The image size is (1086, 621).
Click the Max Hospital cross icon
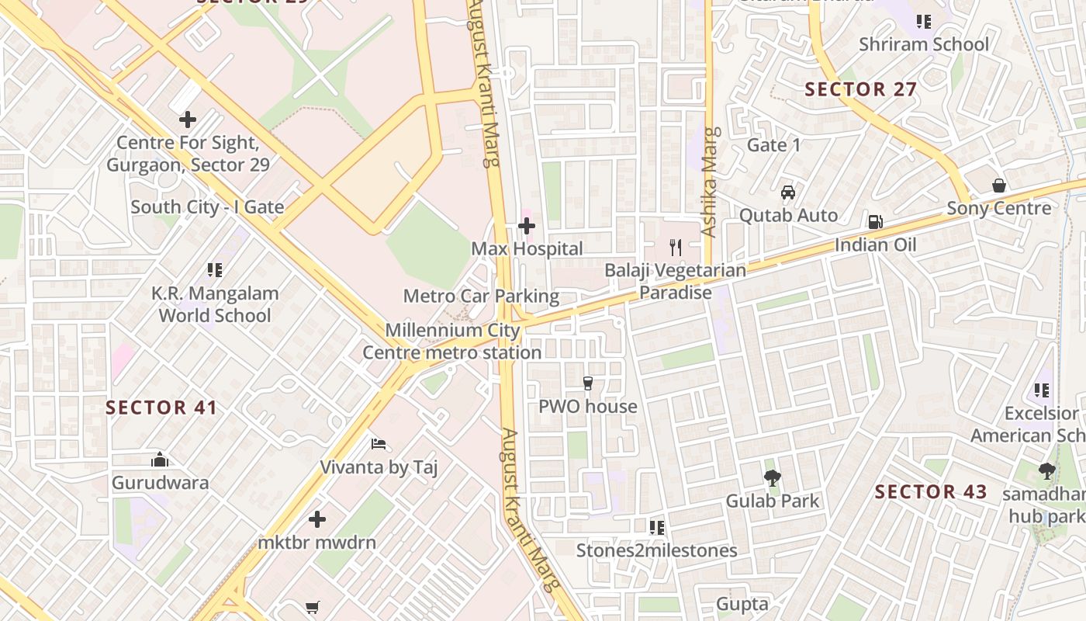tap(527, 226)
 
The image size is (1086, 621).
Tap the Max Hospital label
tap(527, 249)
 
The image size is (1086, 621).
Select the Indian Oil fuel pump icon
tap(875, 222)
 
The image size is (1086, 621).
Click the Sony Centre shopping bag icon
tap(999, 186)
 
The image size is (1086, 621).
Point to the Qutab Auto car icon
tap(788, 192)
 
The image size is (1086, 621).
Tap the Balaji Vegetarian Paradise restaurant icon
tap(676, 248)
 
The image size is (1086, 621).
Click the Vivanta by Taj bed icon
tap(379, 444)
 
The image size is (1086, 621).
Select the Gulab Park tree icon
tap(772, 477)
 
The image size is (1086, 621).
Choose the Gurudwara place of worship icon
tap(160, 460)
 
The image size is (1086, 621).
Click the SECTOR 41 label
tap(161, 408)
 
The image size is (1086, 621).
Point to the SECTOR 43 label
tap(931, 491)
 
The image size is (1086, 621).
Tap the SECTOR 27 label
tap(861, 89)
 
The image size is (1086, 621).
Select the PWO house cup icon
tap(588, 383)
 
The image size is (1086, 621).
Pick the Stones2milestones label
tap(656, 550)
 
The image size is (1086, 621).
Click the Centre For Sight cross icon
tap(187, 120)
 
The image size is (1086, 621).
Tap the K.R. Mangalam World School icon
tap(215, 270)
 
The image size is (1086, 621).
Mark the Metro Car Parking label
tap(481, 296)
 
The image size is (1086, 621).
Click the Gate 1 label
tap(773, 145)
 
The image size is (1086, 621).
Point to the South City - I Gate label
tap(207, 207)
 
